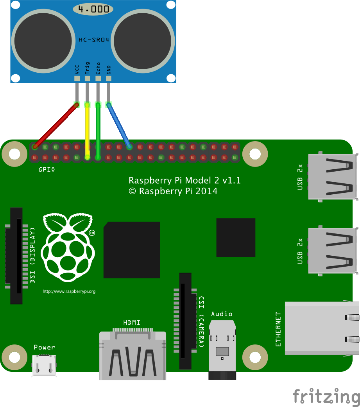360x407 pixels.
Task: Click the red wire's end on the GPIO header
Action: [34, 147]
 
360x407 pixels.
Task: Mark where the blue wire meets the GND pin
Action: [109, 105]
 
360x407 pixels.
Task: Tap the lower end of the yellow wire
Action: [87, 157]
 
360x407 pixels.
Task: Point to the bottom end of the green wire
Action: [98, 157]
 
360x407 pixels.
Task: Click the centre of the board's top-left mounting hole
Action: [14, 154]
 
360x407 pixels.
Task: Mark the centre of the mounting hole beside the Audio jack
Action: [255, 357]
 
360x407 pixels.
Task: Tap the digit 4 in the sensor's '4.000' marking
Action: [81, 9]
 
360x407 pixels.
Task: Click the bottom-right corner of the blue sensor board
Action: [176, 83]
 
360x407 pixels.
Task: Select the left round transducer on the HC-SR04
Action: [43, 41]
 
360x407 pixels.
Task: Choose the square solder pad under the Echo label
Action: [98, 78]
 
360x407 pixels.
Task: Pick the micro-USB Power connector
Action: [44, 366]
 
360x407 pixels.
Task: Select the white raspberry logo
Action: [68, 247]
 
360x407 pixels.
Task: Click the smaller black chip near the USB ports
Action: [236, 237]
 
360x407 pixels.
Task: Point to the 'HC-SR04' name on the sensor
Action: [94, 40]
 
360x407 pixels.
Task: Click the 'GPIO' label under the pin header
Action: [47, 170]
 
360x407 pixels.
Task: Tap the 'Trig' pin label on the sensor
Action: [87, 68]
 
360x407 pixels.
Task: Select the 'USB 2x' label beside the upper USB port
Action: [300, 177]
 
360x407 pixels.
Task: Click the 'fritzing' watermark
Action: [326, 396]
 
